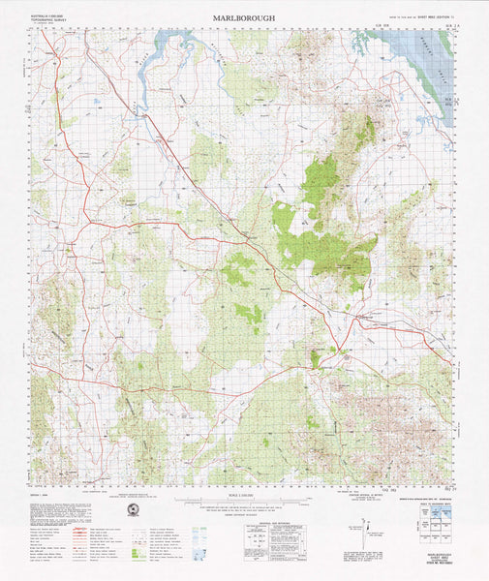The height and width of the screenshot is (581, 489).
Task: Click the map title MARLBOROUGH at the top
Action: coord(244,17)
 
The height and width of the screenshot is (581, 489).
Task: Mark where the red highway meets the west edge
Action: coord(32,380)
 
